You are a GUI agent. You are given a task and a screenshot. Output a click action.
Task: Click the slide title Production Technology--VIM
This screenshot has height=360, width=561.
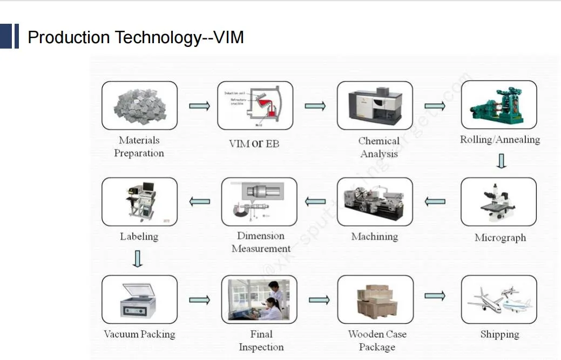click(x=136, y=37)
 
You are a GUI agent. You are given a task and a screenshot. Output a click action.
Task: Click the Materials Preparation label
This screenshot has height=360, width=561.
click(x=139, y=147)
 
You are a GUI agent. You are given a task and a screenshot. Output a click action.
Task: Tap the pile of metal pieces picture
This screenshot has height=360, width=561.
click(x=139, y=105)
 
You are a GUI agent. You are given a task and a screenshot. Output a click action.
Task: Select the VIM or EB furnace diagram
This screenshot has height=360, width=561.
click(x=255, y=105)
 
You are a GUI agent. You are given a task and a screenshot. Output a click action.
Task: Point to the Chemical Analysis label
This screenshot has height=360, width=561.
click(x=379, y=147)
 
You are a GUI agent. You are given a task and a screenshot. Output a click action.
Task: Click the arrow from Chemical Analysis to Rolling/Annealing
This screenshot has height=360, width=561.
click(x=435, y=106)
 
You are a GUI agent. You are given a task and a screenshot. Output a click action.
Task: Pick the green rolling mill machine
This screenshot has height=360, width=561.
click(x=498, y=105)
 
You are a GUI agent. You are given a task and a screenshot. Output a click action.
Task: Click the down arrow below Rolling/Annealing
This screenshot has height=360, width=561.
click(x=501, y=161)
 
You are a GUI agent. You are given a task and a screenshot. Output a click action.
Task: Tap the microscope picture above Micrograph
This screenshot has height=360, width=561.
click(x=498, y=201)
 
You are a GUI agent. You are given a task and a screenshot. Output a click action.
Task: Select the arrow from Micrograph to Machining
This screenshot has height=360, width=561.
click(x=435, y=202)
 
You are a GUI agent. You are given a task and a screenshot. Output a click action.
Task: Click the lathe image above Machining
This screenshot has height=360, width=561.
click(x=375, y=201)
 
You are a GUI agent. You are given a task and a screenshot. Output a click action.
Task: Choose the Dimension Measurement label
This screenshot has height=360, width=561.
click(x=261, y=242)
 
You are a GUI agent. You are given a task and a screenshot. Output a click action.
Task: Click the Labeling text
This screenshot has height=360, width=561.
click(x=139, y=236)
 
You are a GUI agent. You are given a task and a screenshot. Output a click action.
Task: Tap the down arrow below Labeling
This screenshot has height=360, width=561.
click(x=138, y=258)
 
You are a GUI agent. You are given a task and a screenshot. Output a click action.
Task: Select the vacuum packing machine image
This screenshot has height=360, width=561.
click(x=139, y=299)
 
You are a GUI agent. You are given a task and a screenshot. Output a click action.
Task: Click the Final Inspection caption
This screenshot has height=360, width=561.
click(x=261, y=341)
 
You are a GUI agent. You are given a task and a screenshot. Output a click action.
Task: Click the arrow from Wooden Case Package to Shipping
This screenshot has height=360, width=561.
click(x=435, y=296)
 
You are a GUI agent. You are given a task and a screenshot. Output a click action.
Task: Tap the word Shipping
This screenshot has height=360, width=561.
click(x=499, y=335)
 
